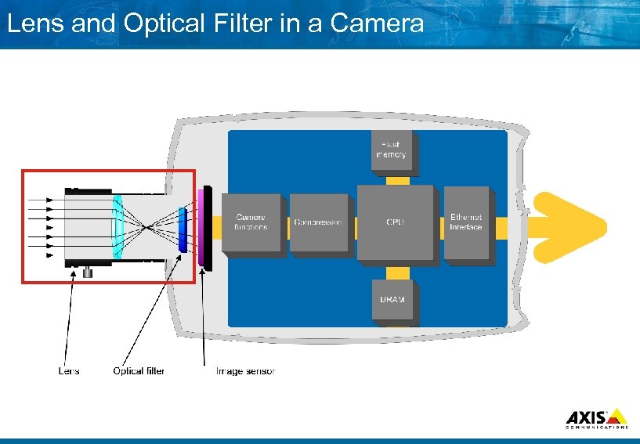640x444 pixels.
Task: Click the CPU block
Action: pyautogui.click(x=395, y=222)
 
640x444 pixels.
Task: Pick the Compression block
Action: pyautogui.click(x=318, y=222)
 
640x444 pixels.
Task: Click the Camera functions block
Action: pyautogui.click(x=251, y=222)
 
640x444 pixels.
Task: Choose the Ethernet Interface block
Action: pyautogui.click(x=466, y=222)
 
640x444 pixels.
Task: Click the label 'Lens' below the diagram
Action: pyautogui.click(x=69, y=370)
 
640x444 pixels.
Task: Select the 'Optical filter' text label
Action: pyautogui.click(x=139, y=370)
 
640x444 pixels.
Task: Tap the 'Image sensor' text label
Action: pyautogui.click(x=246, y=370)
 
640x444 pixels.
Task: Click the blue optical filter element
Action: pyautogui.click(x=183, y=229)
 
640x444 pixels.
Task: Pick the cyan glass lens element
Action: pyautogui.click(x=118, y=228)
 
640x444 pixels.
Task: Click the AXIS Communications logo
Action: pyautogui.click(x=596, y=418)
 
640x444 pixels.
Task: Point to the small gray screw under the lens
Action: pyautogui.click(x=89, y=272)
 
